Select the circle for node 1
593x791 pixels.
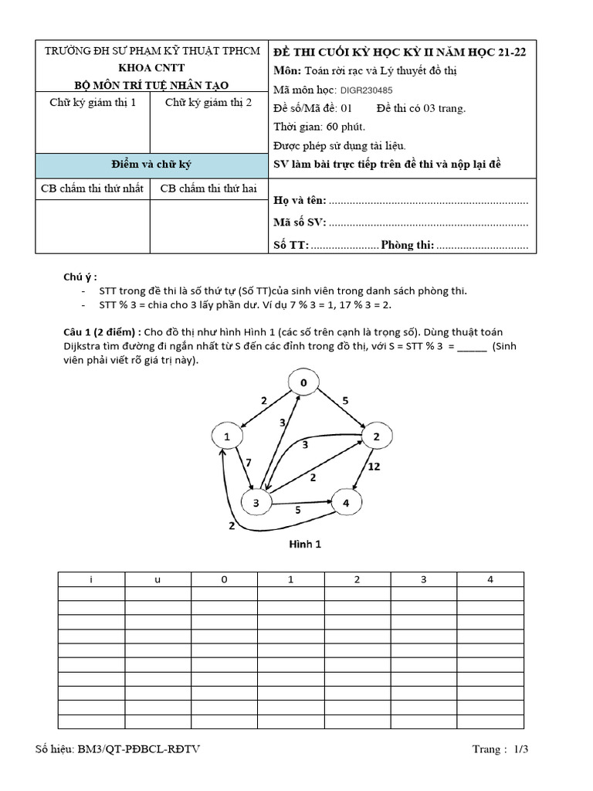(x=227, y=437)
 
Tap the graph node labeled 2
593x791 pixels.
(x=377, y=437)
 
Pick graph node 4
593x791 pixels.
(x=346, y=504)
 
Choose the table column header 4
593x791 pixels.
(x=490, y=579)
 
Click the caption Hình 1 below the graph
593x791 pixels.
(x=305, y=544)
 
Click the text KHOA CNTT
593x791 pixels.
(x=151, y=68)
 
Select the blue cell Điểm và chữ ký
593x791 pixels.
(x=151, y=165)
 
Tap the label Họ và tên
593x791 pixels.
(x=300, y=201)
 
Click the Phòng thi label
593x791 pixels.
(x=408, y=245)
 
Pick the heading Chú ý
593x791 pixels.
(x=80, y=277)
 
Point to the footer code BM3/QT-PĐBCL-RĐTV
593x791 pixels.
(x=121, y=749)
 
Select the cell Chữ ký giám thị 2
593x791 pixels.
(x=208, y=103)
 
